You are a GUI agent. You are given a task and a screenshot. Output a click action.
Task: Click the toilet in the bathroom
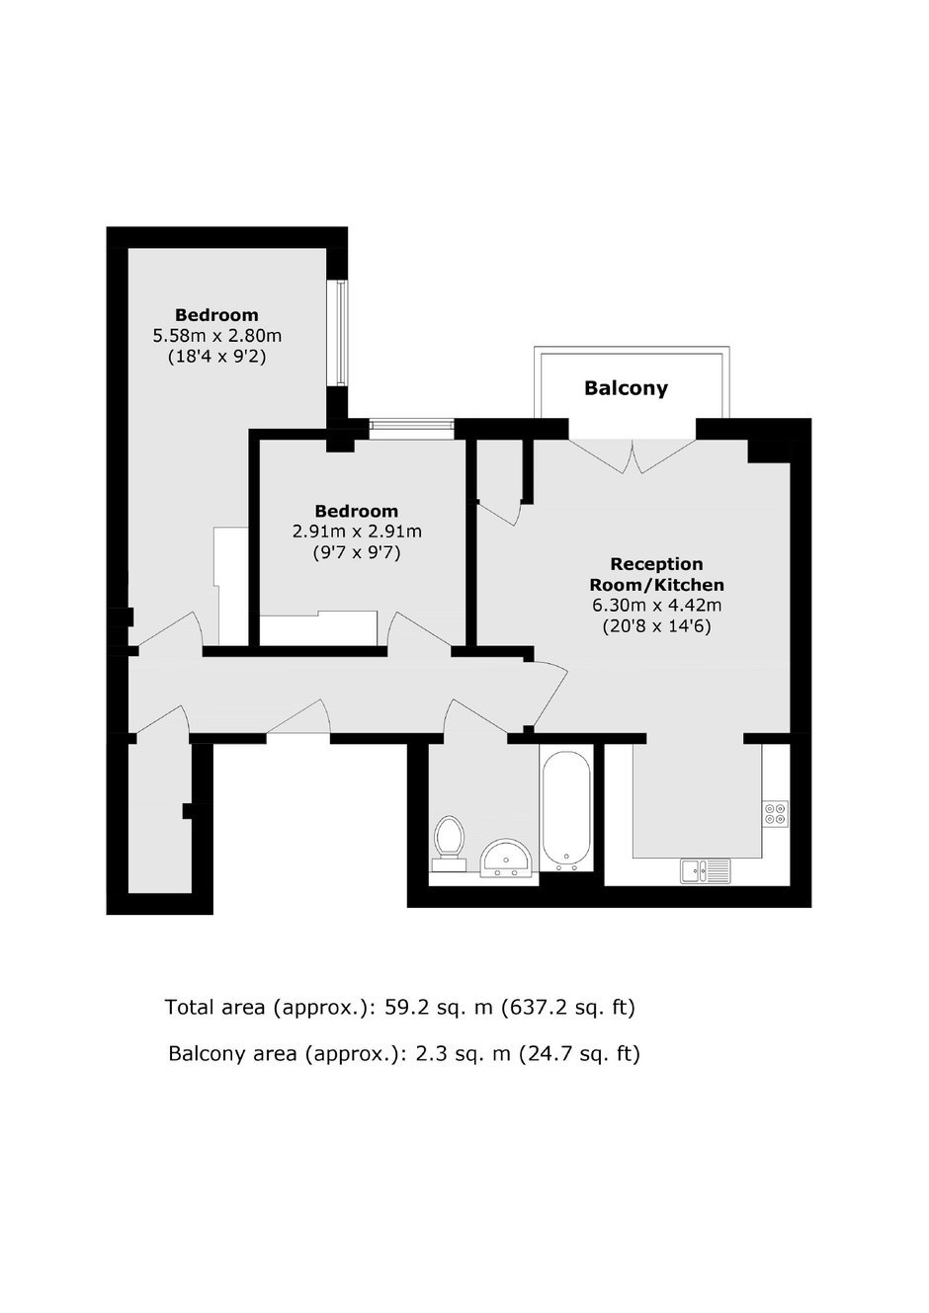pyautogui.click(x=450, y=843)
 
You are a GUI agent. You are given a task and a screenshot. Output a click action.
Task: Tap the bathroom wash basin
pyautogui.click(x=505, y=859)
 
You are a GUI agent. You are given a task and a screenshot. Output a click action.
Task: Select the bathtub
pyautogui.click(x=566, y=810)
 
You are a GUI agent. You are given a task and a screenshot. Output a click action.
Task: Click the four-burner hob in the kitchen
pyautogui.click(x=775, y=814)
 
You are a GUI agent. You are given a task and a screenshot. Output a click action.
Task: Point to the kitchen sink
pyautogui.click(x=705, y=870)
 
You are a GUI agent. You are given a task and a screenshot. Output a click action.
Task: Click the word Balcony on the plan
pyautogui.click(x=626, y=388)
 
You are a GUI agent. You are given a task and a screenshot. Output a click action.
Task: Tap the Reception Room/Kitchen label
pyautogui.click(x=656, y=574)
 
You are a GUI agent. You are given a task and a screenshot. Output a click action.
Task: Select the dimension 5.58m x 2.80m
pyautogui.click(x=217, y=336)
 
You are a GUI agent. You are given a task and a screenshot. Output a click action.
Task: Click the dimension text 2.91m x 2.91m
pyautogui.click(x=357, y=532)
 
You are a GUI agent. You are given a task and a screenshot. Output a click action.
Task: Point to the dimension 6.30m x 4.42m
pyautogui.click(x=657, y=605)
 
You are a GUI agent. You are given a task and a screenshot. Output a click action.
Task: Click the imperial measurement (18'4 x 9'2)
pyautogui.click(x=217, y=357)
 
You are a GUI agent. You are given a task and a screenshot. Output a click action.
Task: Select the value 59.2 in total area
pyautogui.click(x=405, y=1007)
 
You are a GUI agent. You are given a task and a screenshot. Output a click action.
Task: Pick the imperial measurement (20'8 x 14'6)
pyautogui.click(x=657, y=626)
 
